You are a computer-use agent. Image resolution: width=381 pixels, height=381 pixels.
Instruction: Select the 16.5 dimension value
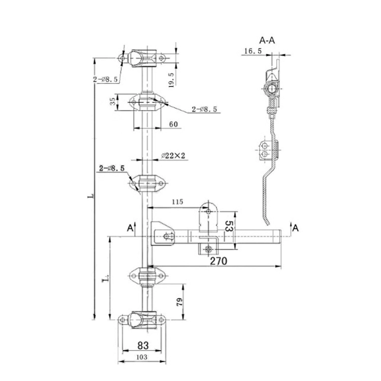[x=252, y=51]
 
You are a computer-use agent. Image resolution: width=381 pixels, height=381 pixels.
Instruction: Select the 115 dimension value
[x=176, y=202]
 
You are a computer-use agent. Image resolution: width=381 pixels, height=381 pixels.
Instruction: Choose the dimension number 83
[x=143, y=345]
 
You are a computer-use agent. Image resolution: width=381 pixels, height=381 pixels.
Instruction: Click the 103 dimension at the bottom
[x=142, y=358]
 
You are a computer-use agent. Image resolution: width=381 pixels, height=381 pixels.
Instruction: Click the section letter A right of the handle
[x=296, y=228]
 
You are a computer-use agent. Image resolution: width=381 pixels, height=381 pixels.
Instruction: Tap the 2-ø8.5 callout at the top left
[x=106, y=79]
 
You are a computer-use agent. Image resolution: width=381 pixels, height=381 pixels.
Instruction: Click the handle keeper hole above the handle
[x=208, y=209]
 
